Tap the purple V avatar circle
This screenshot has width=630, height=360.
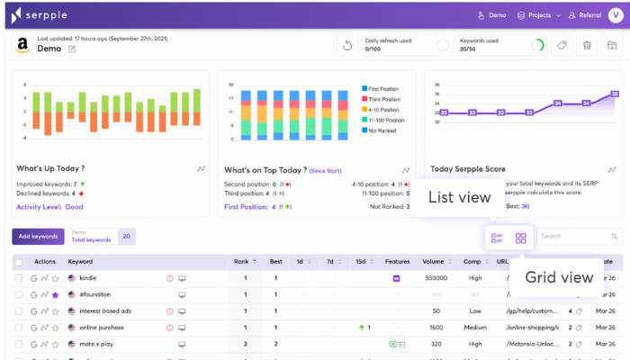[615, 15]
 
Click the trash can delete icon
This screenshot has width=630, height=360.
[587, 46]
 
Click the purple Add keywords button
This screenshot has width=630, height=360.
[37, 237]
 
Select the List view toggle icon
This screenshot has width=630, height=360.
[496, 238]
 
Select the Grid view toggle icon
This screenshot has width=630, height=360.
[521, 238]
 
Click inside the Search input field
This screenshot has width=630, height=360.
[576, 237]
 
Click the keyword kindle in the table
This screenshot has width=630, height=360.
[88, 278]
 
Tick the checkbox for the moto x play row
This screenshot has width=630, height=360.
[19, 343]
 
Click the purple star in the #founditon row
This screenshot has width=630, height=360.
[55, 294]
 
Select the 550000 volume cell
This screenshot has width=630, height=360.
[436, 278]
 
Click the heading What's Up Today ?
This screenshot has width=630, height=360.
[50, 168]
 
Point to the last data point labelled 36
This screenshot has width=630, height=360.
[615, 94]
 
